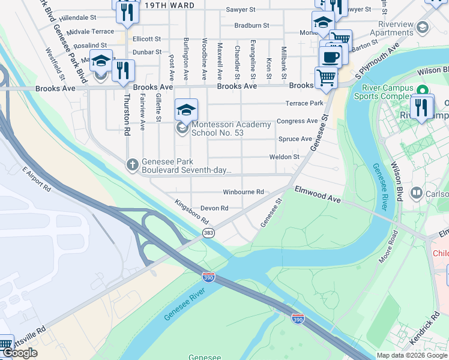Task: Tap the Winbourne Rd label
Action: [x=243, y=192]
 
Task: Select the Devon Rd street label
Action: [x=214, y=208]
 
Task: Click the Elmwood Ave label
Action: [x=318, y=193]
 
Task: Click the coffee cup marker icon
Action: [x=330, y=58]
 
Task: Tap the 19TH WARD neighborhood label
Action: [x=169, y=5]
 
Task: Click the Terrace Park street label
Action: [x=304, y=104]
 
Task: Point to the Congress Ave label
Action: [x=297, y=121]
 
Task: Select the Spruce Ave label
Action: [x=295, y=139]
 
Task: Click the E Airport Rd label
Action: [x=37, y=179]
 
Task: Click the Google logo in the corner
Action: [x=20, y=353]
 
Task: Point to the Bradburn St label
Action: [x=252, y=26]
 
